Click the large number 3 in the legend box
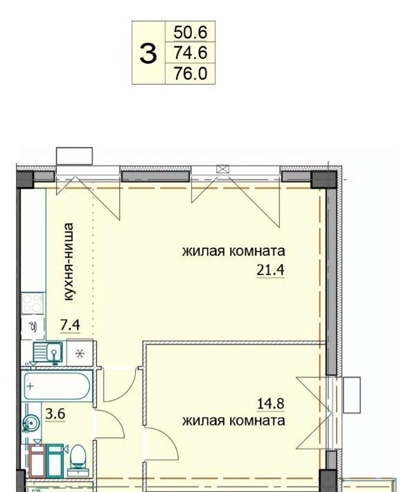coord(148,53)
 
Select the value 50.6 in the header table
coord(191,32)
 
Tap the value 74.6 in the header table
coord(191,53)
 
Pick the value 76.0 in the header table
coord(191,73)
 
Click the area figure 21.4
coord(270,270)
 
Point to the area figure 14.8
coord(270,403)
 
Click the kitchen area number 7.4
coord(70,325)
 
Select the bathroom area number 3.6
coord(55,414)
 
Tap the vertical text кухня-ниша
coord(69,262)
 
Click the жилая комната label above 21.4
coord(234,252)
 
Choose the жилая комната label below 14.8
coord(234,421)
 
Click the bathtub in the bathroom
coord(57,386)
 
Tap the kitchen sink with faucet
coord(48,353)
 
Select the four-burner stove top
coord(33,303)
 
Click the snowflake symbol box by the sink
coord(80,353)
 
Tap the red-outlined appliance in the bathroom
coord(37,461)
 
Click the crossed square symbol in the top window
coord(222,170)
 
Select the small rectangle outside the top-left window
coord(74,156)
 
